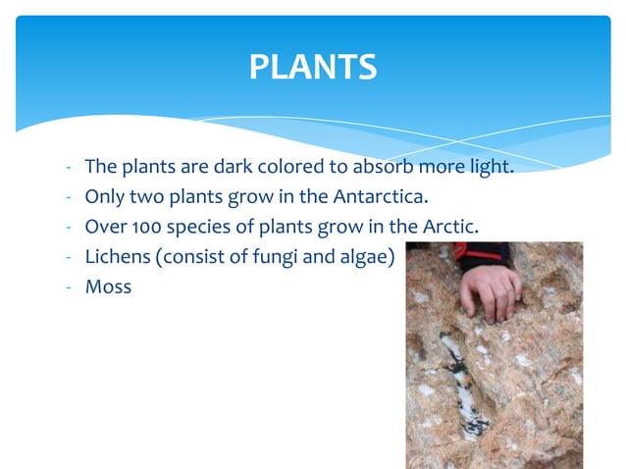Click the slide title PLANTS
(x=312, y=67)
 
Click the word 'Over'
(x=105, y=227)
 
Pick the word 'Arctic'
(x=449, y=227)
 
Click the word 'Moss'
(x=108, y=287)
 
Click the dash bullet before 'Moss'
(x=69, y=287)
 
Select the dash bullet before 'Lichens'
(x=69, y=257)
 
